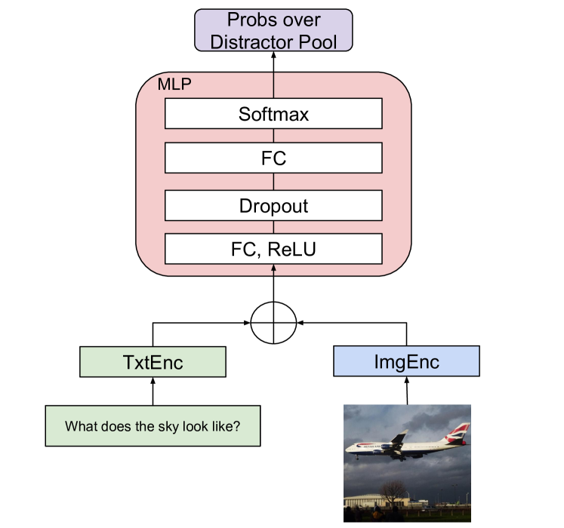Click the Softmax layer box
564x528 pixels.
[273, 115]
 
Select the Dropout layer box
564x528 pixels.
[273, 204]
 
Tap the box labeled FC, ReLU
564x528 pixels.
[273, 249]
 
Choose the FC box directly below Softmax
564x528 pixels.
[273, 159]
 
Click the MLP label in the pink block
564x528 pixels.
[174, 84]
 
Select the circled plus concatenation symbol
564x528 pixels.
[273, 324]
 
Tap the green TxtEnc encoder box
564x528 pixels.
[153, 362]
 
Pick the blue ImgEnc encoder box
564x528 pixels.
[406, 361]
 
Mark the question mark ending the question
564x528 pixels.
[237, 426]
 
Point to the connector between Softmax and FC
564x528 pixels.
[273, 137]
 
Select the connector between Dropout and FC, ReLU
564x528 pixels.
[273, 226]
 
